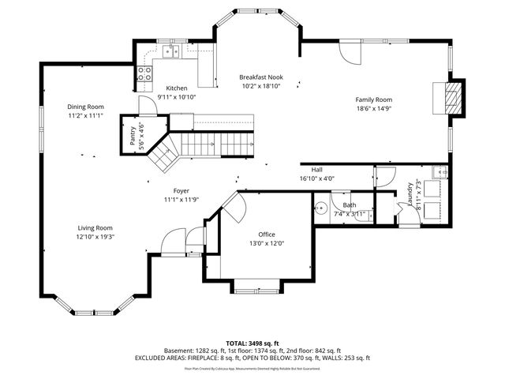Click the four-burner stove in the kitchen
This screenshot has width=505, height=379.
tap(145, 73)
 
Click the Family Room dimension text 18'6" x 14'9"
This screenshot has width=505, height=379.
tap(373, 109)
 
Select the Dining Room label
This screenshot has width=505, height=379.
tap(85, 107)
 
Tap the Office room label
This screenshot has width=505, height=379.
tap(266, 235)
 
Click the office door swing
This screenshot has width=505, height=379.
tap(234, 207)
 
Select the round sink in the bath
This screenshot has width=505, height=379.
tap(320, 209)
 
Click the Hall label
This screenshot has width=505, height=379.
tap(316, 170)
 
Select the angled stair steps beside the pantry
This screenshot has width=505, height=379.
tap(166, 154)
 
